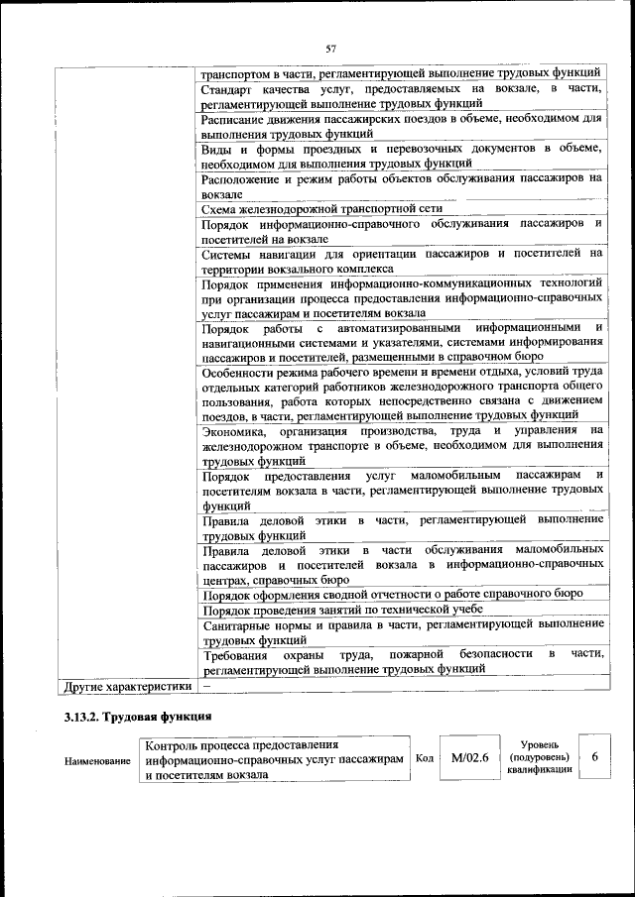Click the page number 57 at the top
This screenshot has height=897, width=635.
[331, 48]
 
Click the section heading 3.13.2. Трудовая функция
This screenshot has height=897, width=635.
[133, 715]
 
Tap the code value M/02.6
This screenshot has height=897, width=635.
[469, 758]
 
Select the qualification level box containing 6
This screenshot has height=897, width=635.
[594, 757]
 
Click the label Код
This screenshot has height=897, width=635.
[425, 759]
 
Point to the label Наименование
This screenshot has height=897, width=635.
[99, 760]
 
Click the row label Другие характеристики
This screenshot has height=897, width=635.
[126, 685]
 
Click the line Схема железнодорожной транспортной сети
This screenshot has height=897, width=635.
[321, 209]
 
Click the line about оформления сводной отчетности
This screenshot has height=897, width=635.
[392, 594]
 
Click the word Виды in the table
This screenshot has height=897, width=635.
[216, 149]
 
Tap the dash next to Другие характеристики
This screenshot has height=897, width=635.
[206, 685]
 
